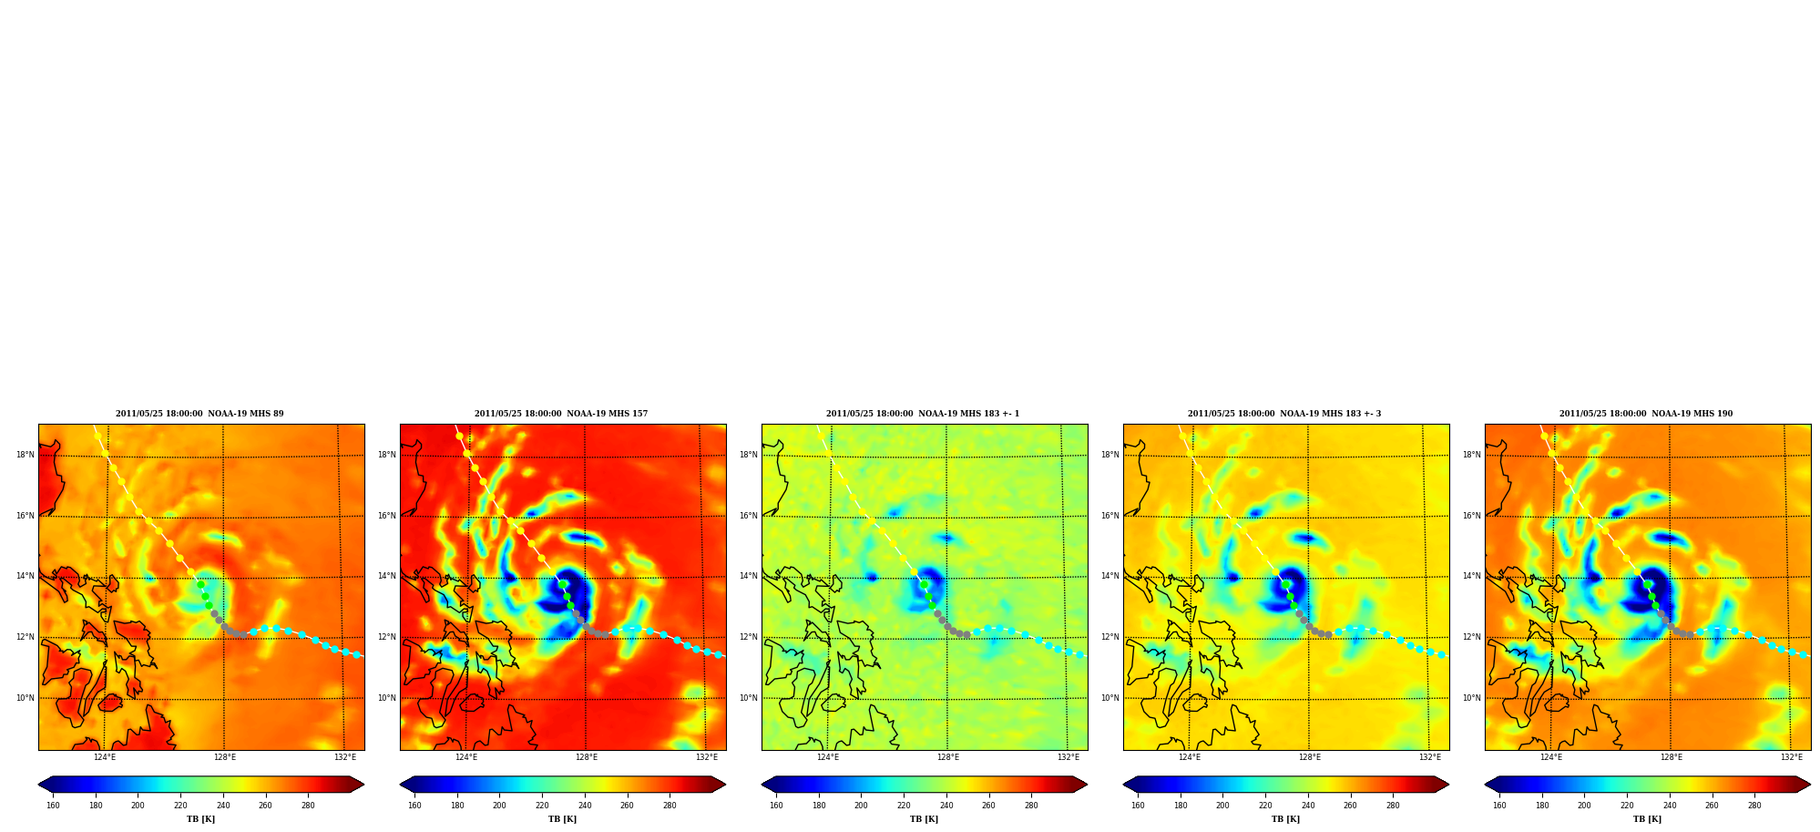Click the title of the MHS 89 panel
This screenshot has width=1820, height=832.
tap(199, 414)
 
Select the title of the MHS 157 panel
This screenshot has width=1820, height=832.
tap(561, 414)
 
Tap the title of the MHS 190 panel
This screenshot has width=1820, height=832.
tap(1646, 414)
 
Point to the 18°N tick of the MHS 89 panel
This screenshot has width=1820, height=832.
tap(26, 455)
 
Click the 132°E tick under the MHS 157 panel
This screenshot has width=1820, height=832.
tap(707, 757)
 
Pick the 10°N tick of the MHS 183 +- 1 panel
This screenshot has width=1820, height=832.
tap(749, 698)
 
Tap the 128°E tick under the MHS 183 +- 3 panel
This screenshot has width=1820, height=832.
tap(1310, 757)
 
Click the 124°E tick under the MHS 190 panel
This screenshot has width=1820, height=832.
tap(1551, 757)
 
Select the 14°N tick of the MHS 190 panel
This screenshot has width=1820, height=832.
tap(1472, 576)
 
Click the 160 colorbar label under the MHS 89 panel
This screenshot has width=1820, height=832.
tap(53, 806)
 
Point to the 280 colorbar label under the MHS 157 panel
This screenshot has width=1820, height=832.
tap(670, 806)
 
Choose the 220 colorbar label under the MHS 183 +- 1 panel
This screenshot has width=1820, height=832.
tap(904, 806)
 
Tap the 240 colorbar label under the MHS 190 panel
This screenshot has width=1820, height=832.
tap(1670, 806)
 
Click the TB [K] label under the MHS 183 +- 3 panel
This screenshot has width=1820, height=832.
tap(1286, 819)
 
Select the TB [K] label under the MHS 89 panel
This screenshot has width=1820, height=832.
tap(201, 819)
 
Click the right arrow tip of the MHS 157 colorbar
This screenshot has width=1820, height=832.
tap(726, 785)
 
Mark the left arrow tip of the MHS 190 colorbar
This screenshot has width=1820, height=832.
tap(1486, 785)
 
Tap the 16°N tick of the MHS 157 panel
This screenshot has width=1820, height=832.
tap(387, 516)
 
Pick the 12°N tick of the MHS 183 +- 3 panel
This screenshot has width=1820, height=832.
tap(1110, 637)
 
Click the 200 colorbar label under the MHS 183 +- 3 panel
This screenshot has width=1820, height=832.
tap(1222, 806)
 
